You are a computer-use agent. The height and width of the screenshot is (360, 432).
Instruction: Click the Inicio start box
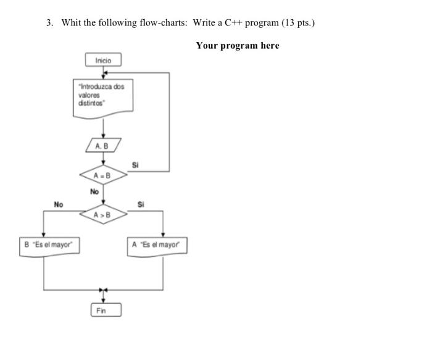tap(103, 60)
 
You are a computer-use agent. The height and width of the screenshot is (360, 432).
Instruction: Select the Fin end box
tap(106, 310)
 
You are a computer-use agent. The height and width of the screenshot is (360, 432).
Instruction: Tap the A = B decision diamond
tap(103, 175)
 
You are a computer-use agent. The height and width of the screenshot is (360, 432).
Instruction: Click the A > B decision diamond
tap(103, 215)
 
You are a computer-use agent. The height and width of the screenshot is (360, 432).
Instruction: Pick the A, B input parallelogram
tap(103, 146)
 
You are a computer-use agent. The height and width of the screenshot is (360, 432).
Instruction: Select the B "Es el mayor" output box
tap(48, 245)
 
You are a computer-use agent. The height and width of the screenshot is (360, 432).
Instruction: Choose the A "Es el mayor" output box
tap(157, 245)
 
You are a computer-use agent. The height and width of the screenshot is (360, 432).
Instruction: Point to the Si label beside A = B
tap(136, 165)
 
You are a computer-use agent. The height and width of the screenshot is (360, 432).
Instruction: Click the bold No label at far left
tap(59, 204)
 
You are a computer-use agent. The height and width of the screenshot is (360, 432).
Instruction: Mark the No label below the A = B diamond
tap(94, 192)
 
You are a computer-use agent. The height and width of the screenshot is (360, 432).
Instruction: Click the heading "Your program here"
tap(238, 46)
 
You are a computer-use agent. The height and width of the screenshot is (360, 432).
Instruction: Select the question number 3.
tap(50, 23)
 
